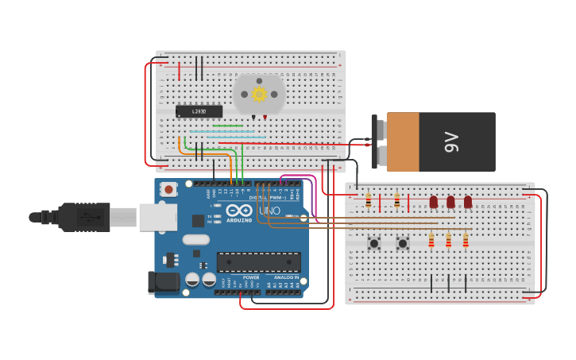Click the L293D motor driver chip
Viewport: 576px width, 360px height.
tap(199, 111)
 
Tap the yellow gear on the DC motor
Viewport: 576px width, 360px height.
tap(259, 94)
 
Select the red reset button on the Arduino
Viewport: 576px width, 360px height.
tap(168, 189)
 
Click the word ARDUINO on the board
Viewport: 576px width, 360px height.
tap(239, 220)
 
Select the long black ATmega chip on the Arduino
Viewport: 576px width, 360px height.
tap(259, 261)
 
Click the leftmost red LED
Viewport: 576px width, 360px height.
tap(434, 202)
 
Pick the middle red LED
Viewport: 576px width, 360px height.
tap(450, 202)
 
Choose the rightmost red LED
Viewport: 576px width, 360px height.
tap(468, 202)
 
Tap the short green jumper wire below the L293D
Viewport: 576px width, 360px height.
tap(227, 126)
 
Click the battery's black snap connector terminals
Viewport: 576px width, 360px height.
tap(375, 142)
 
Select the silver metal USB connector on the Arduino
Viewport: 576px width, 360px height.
tap(157, 217)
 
